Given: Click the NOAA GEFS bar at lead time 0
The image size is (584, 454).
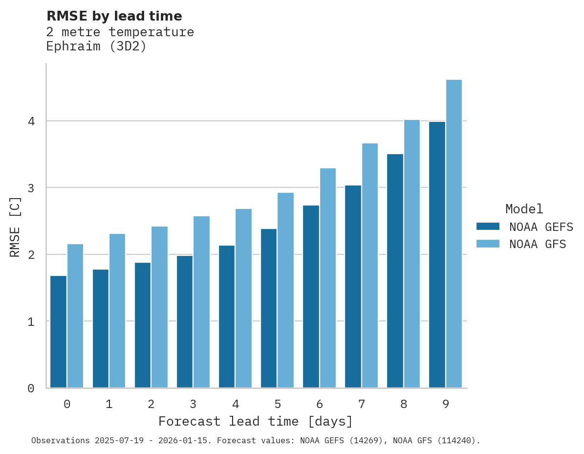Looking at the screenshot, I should pos(59,332).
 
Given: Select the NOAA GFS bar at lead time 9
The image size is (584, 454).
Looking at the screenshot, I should pos(454,234).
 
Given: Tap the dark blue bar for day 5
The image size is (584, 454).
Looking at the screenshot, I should pos(269,308).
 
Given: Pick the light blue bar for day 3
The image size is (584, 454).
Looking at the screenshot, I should pos(202,302).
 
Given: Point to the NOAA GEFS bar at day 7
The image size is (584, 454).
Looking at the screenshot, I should pos(353,287).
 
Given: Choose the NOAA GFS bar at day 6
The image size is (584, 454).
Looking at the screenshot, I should pos(328,278).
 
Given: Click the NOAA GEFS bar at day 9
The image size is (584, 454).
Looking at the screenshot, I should pos(437,254).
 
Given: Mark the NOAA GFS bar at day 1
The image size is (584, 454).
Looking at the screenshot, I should pos(117,311).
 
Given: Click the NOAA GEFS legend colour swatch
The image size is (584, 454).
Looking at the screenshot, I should pos(488,227).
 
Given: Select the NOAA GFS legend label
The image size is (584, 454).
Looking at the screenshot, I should pos(538,244).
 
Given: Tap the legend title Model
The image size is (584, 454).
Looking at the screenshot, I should pos(524,209).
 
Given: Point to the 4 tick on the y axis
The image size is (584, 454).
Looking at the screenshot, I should pos(31,121).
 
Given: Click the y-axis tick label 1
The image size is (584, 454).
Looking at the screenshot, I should pos(31,321).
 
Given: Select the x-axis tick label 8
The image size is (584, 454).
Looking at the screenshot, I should pos(404,404).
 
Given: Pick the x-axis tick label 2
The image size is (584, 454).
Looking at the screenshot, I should pos(151,404).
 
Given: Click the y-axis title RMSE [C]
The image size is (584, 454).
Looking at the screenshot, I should pos(15,227).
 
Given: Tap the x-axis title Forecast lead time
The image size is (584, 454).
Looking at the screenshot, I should pos(255,421).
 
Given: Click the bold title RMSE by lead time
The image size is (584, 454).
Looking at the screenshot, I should pos(114,16).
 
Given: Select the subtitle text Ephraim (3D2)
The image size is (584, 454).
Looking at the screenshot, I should pos(96,46).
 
